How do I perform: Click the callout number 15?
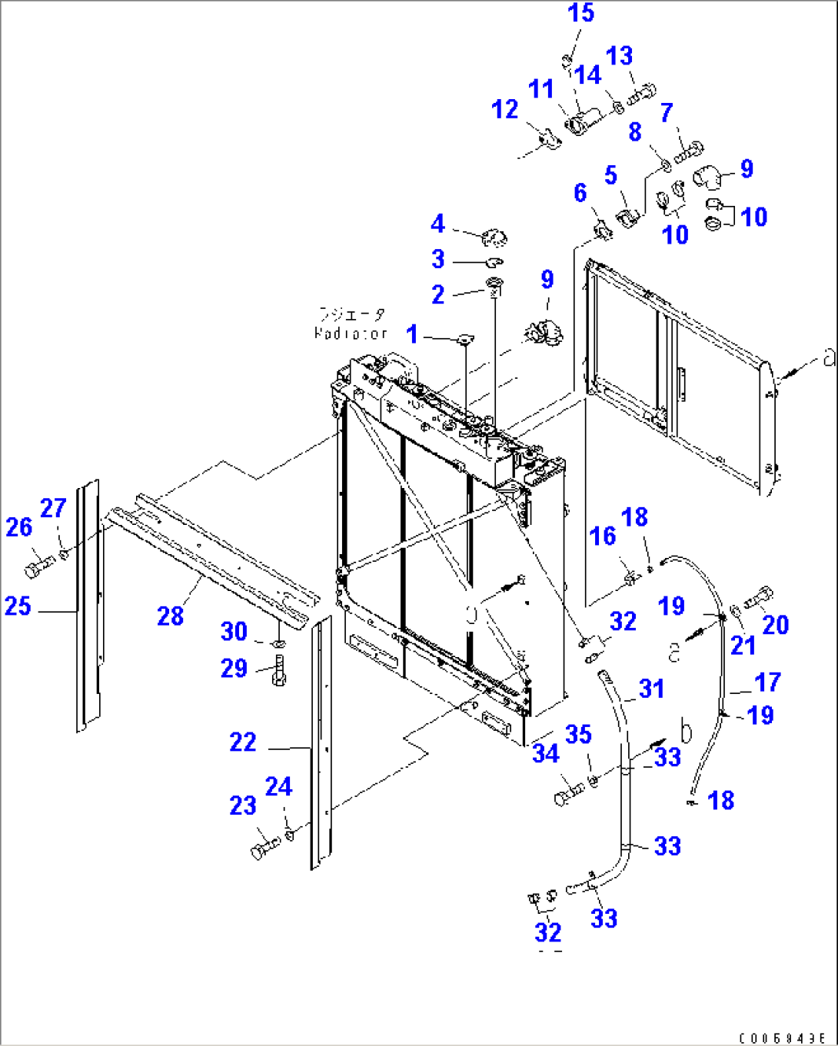(580, 13)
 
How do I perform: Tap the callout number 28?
(170, 616)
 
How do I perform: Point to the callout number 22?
(243, 742)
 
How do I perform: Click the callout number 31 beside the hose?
(651, 689)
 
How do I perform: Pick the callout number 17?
(767, 682)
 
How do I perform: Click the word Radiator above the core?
(351, 334)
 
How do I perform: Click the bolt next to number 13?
(640, 98)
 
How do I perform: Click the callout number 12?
(505, 109)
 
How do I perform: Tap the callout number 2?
(437, 294)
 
